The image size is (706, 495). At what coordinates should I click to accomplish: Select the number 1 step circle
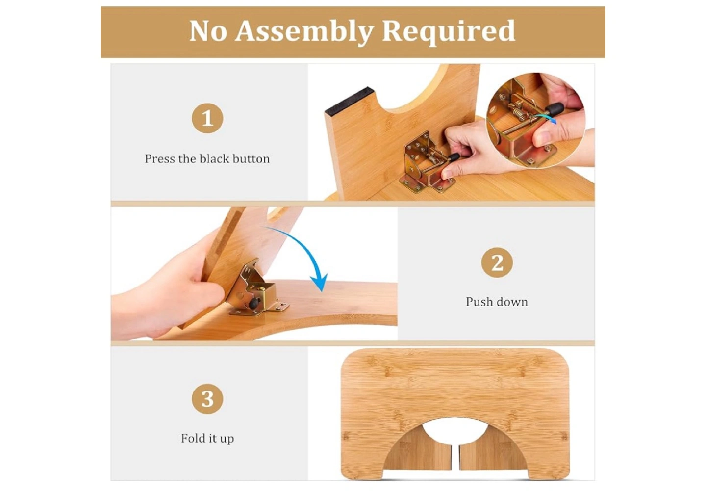(207, 118)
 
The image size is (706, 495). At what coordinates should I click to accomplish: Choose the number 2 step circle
(497, 262)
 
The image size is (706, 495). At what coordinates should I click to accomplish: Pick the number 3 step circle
(207, 399)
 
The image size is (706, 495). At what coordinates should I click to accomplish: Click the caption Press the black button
(207, 159)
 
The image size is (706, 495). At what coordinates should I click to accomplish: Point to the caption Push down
(497, 302)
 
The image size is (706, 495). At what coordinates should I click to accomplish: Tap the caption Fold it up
(207, 439)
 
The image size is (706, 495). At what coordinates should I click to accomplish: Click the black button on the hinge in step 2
(253, 304)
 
